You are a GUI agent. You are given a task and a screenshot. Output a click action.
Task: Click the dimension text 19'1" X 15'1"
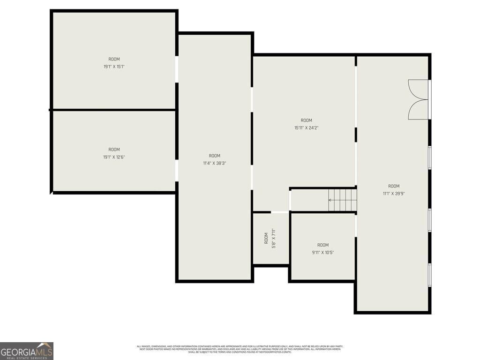(x=114, y=67)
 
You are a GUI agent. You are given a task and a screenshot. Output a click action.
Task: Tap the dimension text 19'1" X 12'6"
(x=114, y=157)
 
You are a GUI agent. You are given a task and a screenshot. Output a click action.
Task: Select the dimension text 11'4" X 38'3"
(x=215, y=163)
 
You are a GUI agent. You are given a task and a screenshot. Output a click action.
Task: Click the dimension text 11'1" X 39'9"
(x=394, y=193)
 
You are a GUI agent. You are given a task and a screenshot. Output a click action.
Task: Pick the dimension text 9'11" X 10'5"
(x=323, y=252)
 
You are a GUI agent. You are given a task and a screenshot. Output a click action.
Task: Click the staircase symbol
(x=342, y=200)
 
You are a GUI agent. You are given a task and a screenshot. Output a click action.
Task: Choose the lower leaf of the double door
(x=418, y=109)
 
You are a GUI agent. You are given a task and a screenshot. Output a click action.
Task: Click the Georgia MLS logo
(x=27, y=351)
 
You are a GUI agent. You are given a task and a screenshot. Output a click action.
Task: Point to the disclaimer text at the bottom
(x=240, y=349)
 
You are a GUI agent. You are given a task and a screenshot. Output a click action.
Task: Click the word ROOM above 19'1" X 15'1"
(x=114, y=59)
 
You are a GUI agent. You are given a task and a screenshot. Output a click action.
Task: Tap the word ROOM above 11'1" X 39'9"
(x=394, y=186)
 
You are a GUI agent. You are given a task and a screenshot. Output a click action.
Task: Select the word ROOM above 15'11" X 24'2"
(x=306, y=120)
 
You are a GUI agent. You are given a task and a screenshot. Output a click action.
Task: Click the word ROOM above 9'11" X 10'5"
(x=323, y=245)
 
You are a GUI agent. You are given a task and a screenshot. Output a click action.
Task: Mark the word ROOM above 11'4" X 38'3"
(x=215, y=156)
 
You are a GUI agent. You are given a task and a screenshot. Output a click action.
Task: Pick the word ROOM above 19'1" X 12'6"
(x=114, y=150)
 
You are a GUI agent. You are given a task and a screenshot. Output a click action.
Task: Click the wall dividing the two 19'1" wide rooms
(x=114, y=110)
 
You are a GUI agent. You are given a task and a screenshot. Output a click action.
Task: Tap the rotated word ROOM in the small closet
(x=266, y=238)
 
